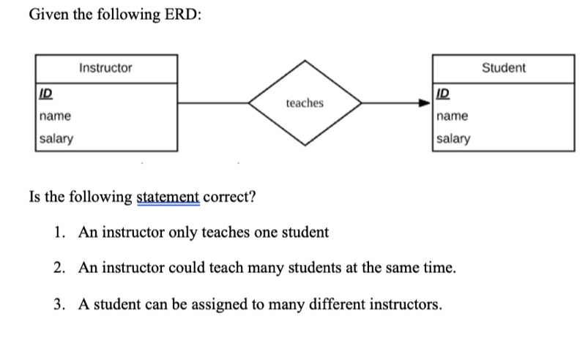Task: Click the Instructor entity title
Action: pyautogui.click(x=105, y=68)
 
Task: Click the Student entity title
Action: pyautogui.click(x=503, y=68)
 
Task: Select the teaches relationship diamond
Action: pyautogui.click(x=305, y=103)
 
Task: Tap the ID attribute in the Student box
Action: pyautogui.click(x=442, y=94)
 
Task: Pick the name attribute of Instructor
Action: pyautogui.click(x=55, y=116)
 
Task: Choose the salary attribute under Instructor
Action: pyautogui.click(x=56, y=138)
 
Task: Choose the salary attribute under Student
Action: pyautogui.click(x=454, y=138)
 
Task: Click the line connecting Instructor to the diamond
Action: pyautogui.click(x=212, y=103)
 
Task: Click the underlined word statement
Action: pyautogui.click(x=168, y=198)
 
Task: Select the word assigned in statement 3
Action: pyautogui.click(x=209, y=303)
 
